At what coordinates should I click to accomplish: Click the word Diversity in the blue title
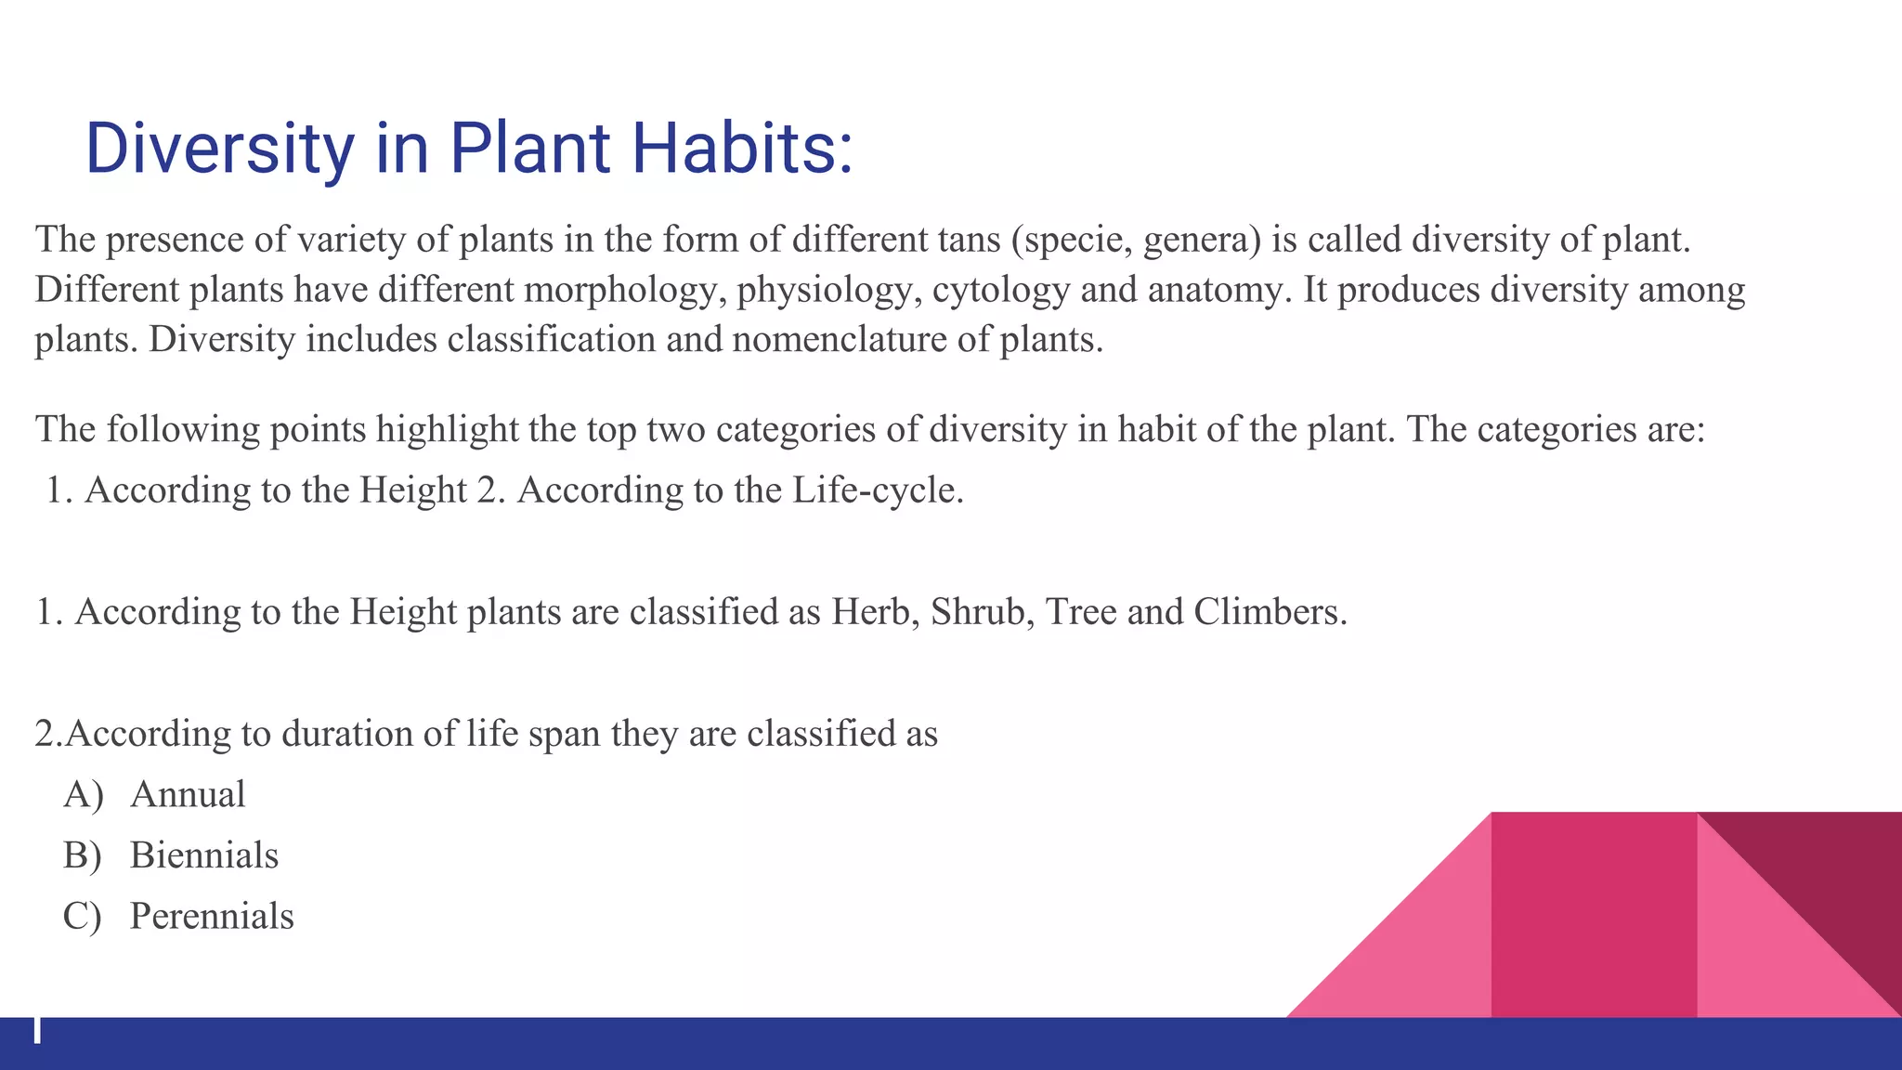pyautogui.click(x=219, y=149)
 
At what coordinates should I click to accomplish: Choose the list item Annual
pyautogui.click(x=188, y=795)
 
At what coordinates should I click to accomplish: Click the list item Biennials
pyautogui.click(x=204, y=855)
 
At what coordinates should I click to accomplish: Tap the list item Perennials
pyautogui.click(x=212, y=917)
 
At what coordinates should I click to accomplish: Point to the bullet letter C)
pyautogui.click(x=82, y=917)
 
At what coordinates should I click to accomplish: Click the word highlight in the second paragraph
pyautogui.click(x=447, y=430)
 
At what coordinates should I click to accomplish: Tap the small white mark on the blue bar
pyautogui.click(x=37, y=1030)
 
